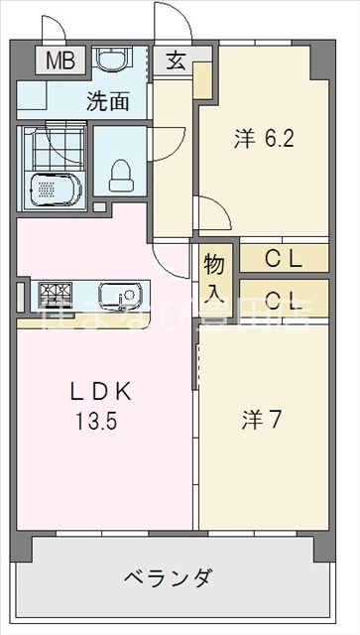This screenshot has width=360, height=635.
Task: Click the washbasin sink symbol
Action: coord(109,61)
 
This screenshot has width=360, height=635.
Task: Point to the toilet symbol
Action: coord(120,175)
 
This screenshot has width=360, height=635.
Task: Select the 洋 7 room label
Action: coord(262,420)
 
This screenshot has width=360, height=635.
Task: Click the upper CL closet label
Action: coord(283,259)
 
